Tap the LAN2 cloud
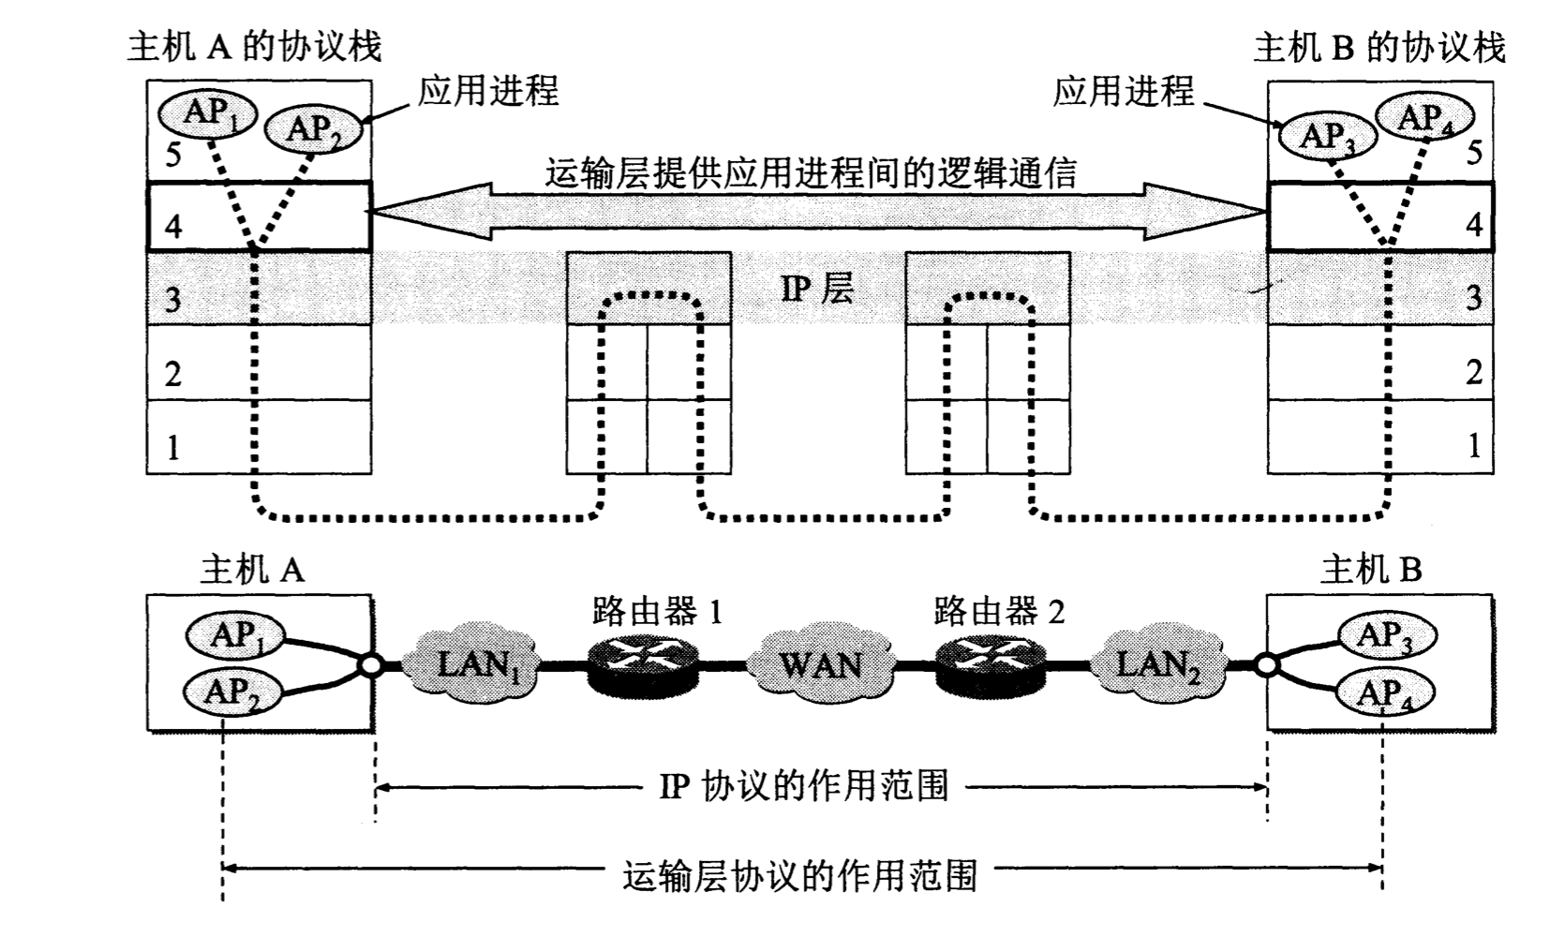(x=1158, y=665)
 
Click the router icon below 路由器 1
(x=644, y=665)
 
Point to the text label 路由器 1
(x=658, y=612)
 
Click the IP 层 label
(x=817, y=289)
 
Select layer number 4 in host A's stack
(x=173, y=226)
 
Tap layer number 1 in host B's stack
(x=1473, y=445)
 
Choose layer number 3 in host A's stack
(x=173, y=300)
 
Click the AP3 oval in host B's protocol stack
(x=1327, y=137)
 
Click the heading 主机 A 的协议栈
(x=254, y=47)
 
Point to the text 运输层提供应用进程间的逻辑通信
(x=811, y=173)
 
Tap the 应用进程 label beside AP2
(x=487, y=91)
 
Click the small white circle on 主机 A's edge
(x=371, y=666)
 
